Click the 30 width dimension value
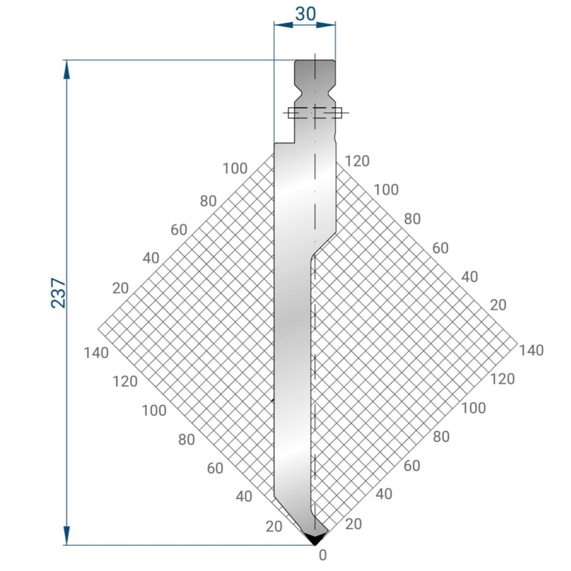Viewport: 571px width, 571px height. click(305, 14)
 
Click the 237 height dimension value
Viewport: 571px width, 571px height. click(59, 293)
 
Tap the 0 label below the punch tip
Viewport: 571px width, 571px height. click(323, 555)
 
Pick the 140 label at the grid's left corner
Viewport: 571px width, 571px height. click(96, 353)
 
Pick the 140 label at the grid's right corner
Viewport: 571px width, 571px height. click(531, 350)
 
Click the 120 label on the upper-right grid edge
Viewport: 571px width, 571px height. click(357, 161)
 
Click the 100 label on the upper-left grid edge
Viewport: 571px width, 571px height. click(235, 169)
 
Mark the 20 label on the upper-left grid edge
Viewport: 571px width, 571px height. click(120, 288)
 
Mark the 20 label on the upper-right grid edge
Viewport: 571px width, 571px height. click(498, 305)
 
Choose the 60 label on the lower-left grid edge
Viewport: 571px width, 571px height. click(215, 468)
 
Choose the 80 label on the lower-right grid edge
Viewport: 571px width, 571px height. click(441, 437)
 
